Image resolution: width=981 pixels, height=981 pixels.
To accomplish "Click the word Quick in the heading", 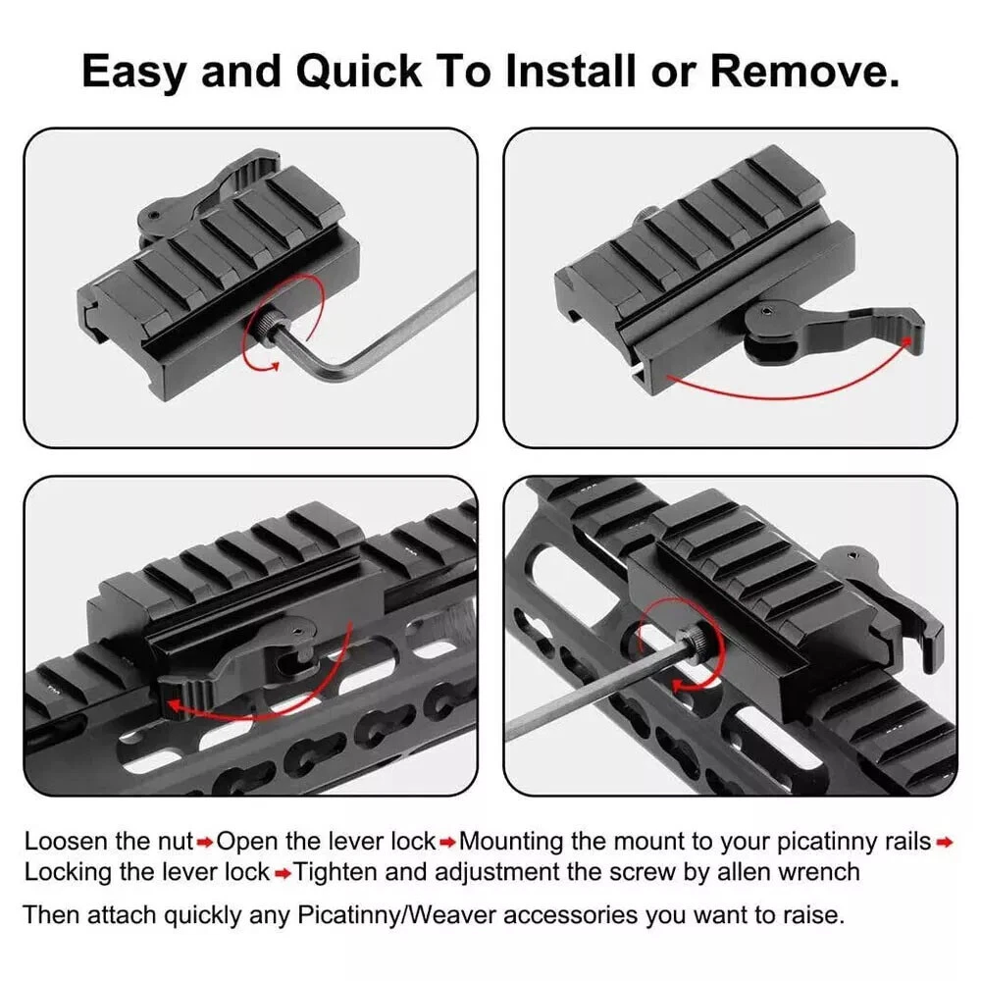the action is pyautogui.click(x=358, y=72).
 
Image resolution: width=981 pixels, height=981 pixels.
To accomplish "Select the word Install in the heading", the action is pyautogui.click(x=572, y=71).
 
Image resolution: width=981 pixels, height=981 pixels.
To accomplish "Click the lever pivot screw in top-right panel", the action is pyautogui.click(x=768, y=310).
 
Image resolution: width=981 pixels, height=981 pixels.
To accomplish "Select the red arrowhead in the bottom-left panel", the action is pyautogui.click(x=176, y=705).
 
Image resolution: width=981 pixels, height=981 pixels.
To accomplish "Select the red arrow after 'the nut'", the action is pyautogui.click(x=205, y=844).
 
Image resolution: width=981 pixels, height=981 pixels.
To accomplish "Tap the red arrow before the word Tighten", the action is pyautogui.click(x=283, y=873).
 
